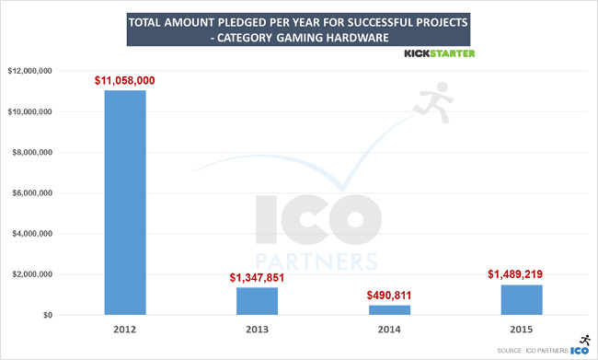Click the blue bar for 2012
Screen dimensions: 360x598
(x=125, y=203)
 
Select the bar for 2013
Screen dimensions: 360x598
(x=256, y=301)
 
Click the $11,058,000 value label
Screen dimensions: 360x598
(x=125, y=81)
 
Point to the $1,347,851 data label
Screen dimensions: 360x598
(x=256, y=278)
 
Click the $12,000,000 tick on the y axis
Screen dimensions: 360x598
(x=29, y=71)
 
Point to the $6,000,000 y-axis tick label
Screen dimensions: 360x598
(x=31, y=193)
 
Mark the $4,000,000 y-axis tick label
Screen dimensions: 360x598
(x=31, y=234)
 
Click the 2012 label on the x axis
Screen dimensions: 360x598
(x=125, y=329)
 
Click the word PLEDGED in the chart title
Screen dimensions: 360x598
(x=240, y=18)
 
